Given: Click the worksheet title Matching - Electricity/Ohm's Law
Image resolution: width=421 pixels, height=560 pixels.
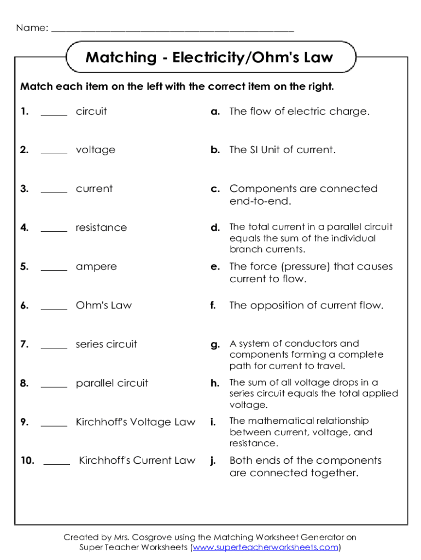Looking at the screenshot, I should (x=209, y=57).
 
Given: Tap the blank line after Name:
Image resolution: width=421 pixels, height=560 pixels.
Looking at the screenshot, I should (x=173, y=29).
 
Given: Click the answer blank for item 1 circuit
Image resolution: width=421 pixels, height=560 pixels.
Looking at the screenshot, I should (x=54, y=113).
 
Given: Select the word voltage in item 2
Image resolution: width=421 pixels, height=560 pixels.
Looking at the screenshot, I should (x=96, y=150).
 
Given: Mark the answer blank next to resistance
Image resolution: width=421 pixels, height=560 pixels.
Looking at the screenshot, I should (x=54, y=229).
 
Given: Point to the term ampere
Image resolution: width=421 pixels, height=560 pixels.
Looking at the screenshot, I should (x=96, y=267).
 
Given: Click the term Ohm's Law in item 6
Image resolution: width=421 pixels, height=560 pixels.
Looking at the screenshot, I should (x=104, y=305).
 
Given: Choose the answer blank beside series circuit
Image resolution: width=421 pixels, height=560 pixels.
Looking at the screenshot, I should (x=54, y=346).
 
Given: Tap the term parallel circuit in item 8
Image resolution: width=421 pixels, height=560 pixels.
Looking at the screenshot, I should (x=112, y=383).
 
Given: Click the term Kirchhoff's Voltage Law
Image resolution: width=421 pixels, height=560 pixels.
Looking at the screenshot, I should (x=136, y=422).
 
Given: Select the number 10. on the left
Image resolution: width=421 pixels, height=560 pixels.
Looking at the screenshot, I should (x=27, y=460).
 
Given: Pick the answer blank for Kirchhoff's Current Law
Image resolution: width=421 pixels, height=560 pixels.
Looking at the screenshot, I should (x=57, y=462).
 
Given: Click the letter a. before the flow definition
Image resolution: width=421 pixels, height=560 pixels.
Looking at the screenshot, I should (x=216, y=112).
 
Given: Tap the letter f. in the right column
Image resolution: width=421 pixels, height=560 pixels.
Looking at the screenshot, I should (x=213, y=305).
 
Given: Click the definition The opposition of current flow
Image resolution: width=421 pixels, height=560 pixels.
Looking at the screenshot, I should (x=306, y=305).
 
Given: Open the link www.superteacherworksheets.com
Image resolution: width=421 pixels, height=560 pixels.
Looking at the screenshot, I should (x=266, y=547).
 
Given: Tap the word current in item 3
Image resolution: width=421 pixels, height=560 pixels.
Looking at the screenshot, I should (x=94, y=189).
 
